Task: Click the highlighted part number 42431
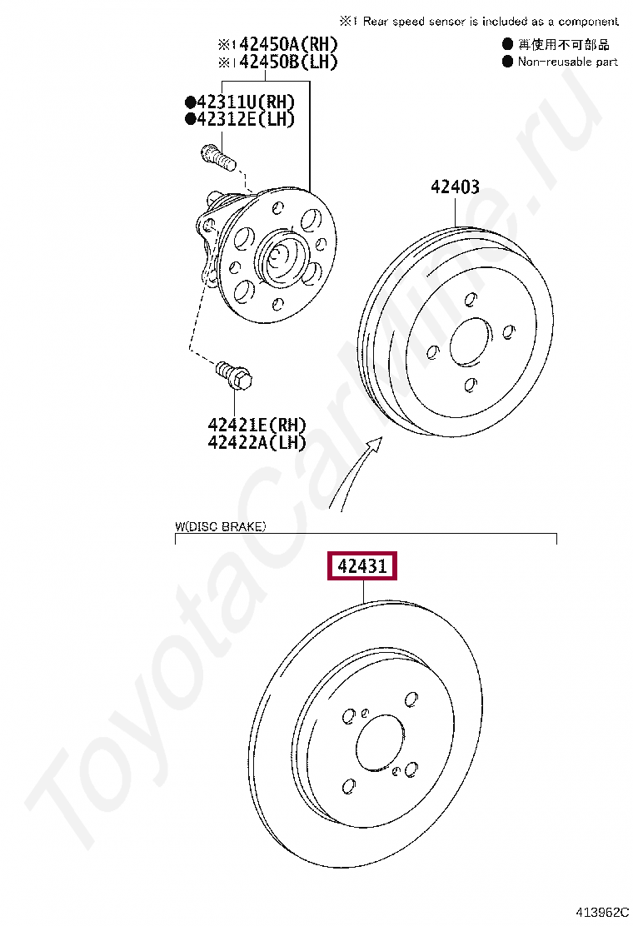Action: click(362, 565)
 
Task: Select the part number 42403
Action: click(455, 187)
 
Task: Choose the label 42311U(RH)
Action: click(245, 102)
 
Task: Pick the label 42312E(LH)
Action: click(245, 119)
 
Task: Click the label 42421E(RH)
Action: click(257, 425)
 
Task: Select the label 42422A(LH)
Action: click(257, 441)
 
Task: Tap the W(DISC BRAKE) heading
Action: click(220, 526)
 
